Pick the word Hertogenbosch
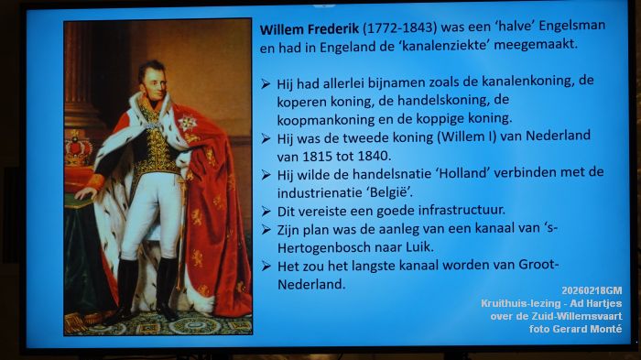321,247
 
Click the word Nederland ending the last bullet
310,284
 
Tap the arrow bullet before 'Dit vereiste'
265,211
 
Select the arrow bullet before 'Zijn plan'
265,229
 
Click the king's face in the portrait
152,76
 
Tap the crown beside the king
77,147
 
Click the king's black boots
147,289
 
